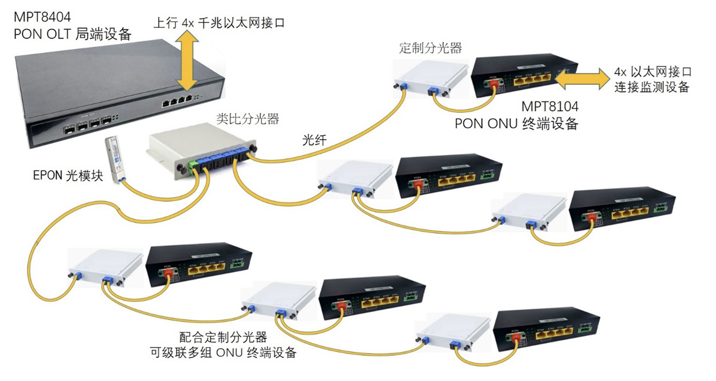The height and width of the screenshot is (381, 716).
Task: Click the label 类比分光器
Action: click(x=247, y=119)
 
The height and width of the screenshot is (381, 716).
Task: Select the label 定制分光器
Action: click(x=430, y=48)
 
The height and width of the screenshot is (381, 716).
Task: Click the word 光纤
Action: click(x=315, y=140)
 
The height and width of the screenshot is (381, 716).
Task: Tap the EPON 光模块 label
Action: click(x=68, y=175)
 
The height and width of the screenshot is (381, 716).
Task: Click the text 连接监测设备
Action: click(x=651, y=88)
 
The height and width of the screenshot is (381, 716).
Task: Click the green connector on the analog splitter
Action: click(x=195, y=166)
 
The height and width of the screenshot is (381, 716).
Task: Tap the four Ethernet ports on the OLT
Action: click(x=178, y=101)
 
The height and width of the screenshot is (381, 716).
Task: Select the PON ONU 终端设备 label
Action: click(x=517, y=123)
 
